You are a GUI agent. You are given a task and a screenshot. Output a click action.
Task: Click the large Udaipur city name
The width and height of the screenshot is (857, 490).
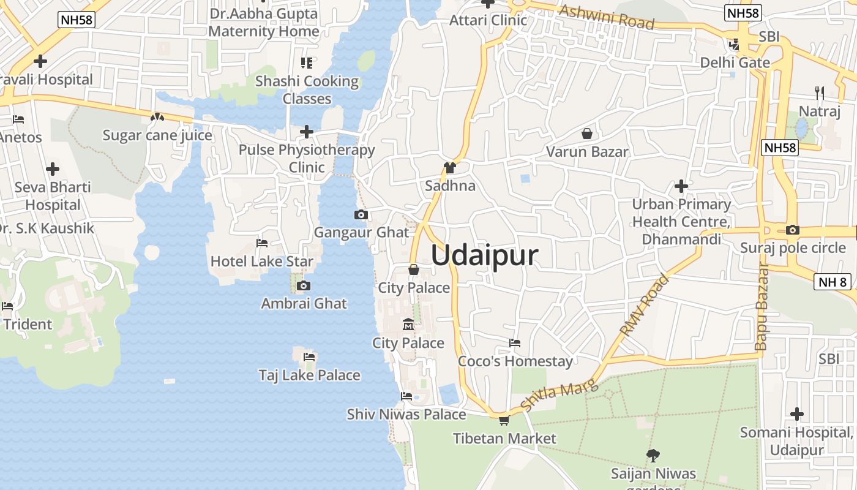tap(484, 255)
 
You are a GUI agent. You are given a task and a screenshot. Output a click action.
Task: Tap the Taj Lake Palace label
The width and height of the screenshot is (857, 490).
tap(309, 375)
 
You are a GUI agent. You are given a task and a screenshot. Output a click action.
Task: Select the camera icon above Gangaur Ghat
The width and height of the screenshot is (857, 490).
tap(361, 214)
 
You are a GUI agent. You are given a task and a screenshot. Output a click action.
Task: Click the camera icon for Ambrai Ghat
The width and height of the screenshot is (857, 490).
tap(303, 285)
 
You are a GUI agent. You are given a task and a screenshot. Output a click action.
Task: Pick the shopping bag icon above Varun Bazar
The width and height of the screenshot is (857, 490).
tap(587, 133)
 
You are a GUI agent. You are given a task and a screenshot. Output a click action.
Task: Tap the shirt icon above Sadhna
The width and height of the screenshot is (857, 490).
tap(450, 167)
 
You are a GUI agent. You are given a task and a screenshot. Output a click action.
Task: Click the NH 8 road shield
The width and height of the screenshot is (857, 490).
tap(833, 282)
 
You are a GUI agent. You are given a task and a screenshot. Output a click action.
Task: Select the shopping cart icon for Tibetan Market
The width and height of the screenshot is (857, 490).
tap(504, 420)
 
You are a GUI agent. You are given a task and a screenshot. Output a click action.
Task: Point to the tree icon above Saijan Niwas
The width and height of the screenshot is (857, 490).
tap(653, 455)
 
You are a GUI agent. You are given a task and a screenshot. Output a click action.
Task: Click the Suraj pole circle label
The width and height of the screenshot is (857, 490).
tap(793, 247)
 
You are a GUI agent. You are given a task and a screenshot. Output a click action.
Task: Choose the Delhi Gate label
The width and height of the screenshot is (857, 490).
tap(735, 62)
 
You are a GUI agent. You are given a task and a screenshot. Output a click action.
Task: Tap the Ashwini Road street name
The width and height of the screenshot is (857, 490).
tap(607, 17)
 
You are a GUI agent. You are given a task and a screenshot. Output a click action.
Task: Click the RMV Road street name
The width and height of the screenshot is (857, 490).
tap(645, 304)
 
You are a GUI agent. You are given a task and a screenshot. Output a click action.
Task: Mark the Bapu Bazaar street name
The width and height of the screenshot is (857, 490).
tap(762, 306)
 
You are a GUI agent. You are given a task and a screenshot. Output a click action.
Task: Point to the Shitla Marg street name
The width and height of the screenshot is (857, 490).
tap(550, 393)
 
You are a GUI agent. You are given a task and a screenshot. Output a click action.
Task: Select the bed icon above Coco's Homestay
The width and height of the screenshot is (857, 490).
tap(515, 343)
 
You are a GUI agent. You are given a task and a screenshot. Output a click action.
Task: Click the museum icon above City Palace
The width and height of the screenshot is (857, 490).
tap(408, 324)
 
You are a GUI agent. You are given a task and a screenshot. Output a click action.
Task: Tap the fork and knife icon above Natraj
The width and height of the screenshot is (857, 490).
tap(820, 93)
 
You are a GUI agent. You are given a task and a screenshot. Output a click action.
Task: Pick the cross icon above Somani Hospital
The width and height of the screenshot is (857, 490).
tap(796, 414)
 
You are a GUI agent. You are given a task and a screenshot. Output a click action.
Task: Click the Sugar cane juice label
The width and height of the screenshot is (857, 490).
tap(157, 135)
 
